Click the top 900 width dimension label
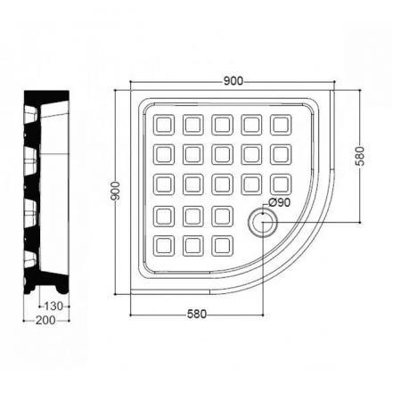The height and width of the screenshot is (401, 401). point(233,81)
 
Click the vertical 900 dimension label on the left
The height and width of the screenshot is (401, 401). point(115,191)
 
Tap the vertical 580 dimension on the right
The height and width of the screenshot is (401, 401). point(360,156)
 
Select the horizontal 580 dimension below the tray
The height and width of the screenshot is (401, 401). point(197,314)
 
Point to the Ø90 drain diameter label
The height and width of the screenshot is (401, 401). point(279,202)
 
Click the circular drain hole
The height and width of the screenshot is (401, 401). point(263,223)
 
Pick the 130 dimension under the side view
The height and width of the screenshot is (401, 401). point(53,306)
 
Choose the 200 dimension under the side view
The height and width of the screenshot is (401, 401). point(45,320)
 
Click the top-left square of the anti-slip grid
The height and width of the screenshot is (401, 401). point(164,125)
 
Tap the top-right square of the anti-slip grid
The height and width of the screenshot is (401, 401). point(281,125)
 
